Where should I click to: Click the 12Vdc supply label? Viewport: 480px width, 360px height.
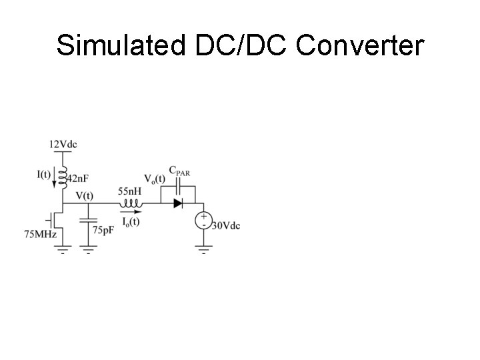(x=63, y=144)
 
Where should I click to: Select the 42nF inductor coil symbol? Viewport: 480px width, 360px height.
(x=63, y=177)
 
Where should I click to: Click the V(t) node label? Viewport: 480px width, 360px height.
(x=85, y=196)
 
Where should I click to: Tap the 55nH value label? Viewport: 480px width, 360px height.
(x=129, y=191)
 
